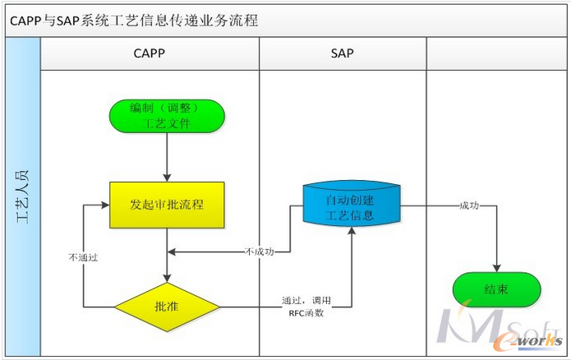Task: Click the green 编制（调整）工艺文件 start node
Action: (x=167, y=116)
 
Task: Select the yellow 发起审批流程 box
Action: (x=167, y=204)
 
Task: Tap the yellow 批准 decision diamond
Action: (x=167, y=307)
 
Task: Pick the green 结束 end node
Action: (x=496, y=289)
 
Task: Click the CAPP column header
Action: (x=150, y=54)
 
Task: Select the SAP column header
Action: (x=343, y=54)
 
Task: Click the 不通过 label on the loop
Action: (x=84, y=257)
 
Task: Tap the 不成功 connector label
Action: (x=260, y=252)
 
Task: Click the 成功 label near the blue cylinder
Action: (x=469, y=205)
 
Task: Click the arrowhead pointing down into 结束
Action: (x=496, y=267)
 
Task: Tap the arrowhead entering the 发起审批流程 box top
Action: (x=167, y=178)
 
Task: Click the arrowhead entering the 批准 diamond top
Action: (x=167, y=279)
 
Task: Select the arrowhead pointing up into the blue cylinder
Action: (x=352, y=232)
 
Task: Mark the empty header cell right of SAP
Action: (x=495, y=54)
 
